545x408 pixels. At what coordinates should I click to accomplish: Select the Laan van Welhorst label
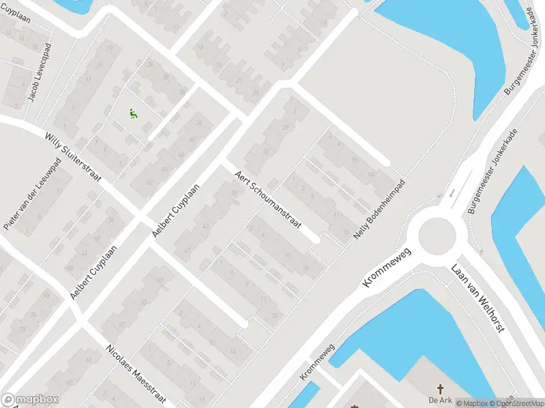pos(478,297)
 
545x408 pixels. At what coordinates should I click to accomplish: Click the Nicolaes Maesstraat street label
pos(136,373)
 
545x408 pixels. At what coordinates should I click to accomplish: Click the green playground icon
pos(134,114)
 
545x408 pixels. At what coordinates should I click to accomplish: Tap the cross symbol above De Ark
pos(440,389)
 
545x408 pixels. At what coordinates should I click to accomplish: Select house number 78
pos(22,330)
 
